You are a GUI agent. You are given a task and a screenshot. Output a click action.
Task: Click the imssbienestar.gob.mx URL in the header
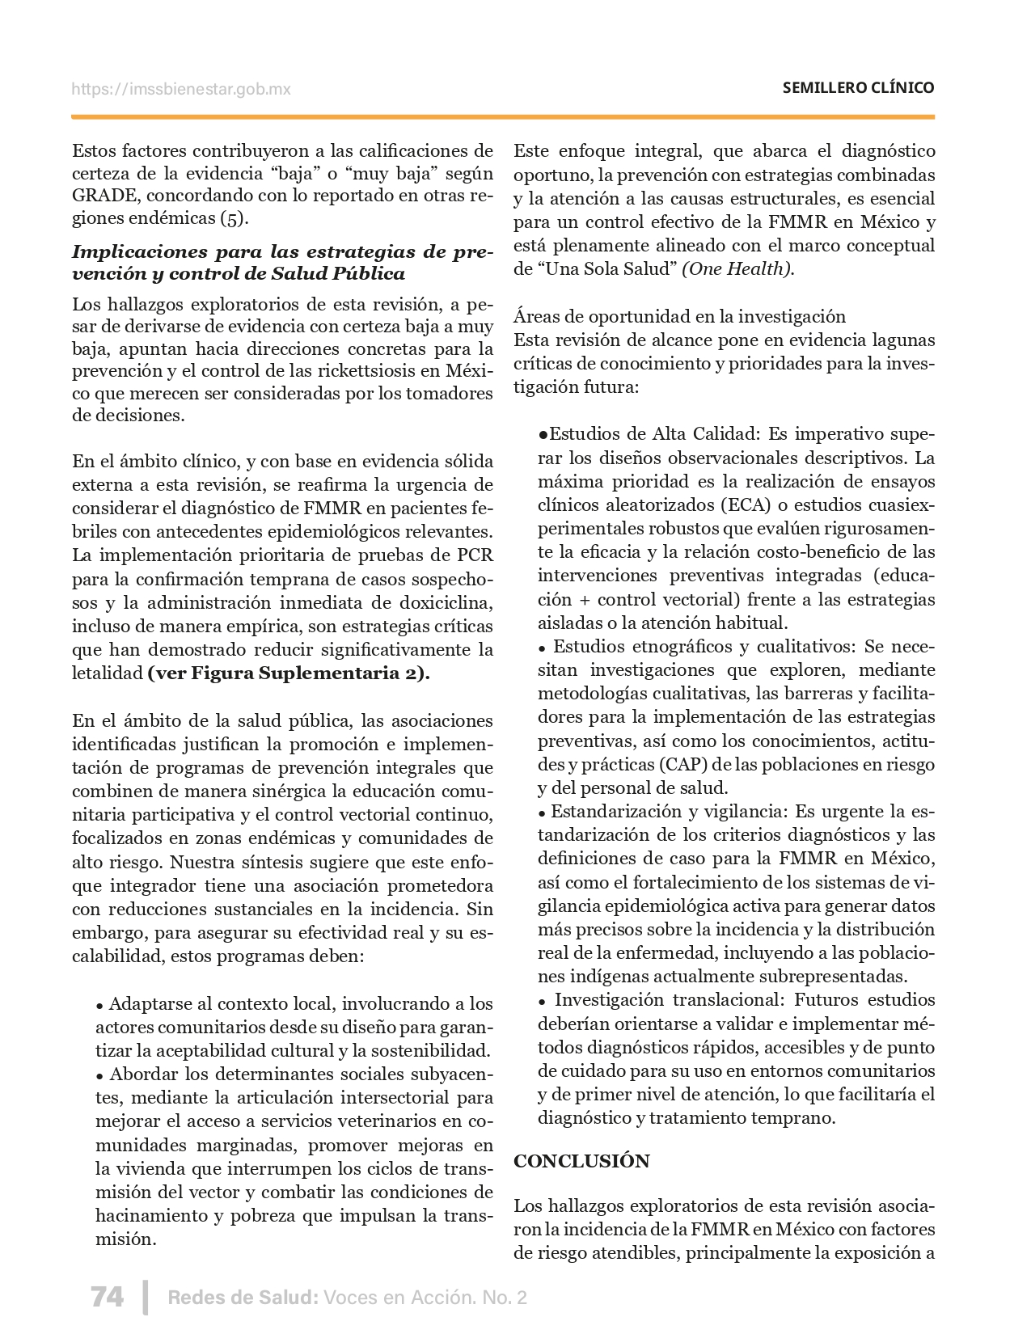point(181,89)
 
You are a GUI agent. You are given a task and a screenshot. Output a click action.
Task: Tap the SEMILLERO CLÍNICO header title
point(858,88)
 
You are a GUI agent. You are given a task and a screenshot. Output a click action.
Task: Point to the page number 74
point(107,1297)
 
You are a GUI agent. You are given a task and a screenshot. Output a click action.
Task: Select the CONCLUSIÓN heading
point(582,1161)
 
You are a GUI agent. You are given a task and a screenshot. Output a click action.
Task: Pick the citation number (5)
point(235,218)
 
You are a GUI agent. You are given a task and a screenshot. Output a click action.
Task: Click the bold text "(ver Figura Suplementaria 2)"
point(289,673)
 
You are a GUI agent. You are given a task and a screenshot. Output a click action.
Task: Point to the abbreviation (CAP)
point(682,765)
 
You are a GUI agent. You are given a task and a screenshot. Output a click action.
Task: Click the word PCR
point(475,555)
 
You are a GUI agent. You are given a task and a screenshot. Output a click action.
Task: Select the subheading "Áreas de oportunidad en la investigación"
point(679,317)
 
